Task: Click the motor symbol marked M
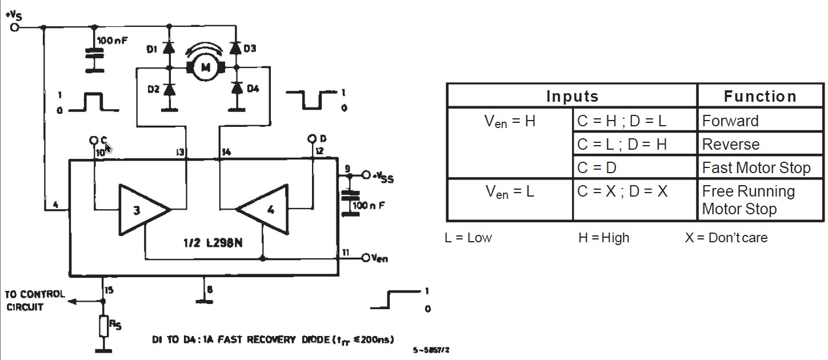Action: click(206, 67)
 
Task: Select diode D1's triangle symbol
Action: click(169, 48)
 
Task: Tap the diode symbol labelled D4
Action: click(237, 87)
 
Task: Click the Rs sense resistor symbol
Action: click(104, 326)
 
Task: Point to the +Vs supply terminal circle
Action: click(14, 27)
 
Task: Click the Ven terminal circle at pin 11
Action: click(366, 258)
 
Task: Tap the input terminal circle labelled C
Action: click(94, 140)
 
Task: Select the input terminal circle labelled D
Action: click(312, 139)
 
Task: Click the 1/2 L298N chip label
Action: click(213, 243)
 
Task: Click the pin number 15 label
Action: click(109, 290)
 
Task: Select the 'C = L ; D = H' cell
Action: click(635, 144)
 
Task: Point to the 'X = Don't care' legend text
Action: click(726, 237)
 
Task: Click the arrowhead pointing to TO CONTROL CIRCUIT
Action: click(73, 302)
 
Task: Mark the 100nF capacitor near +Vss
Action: click(350, 203)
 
